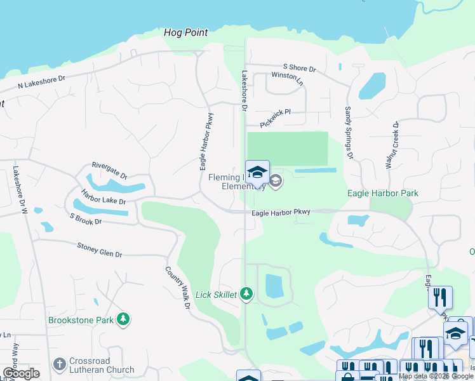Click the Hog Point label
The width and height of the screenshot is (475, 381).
pyautogui.click(x=185, y=32)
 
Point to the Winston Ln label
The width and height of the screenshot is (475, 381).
pyautogui.click(x=288, y=76)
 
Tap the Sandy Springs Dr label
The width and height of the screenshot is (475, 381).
pyautogui.click(x=348, y=132)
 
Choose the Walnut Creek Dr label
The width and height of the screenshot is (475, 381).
pyautogui.click(x=392, y=145)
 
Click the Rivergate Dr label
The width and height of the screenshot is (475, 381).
pyautogui.click(x=109, y=170)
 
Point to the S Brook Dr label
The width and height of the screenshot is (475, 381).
pyautogui.click(x=86, y=220)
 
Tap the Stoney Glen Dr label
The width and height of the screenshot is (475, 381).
pyautogui.click(x=99, y=250)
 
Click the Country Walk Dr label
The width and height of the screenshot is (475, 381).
pyautogui.click(x=178, y=288)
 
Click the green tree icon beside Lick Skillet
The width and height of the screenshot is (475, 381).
pyautogui.click(x=246, y=294)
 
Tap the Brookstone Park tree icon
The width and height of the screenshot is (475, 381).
pyautogui.click(x=124, y=319)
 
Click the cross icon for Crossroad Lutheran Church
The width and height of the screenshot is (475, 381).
pyautogui.click(x=60, y=364)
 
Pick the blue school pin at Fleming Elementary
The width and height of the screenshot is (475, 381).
pyautogui.click(x=257, y=173)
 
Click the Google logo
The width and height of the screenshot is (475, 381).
pyautogui.click(x=21, y=373)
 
